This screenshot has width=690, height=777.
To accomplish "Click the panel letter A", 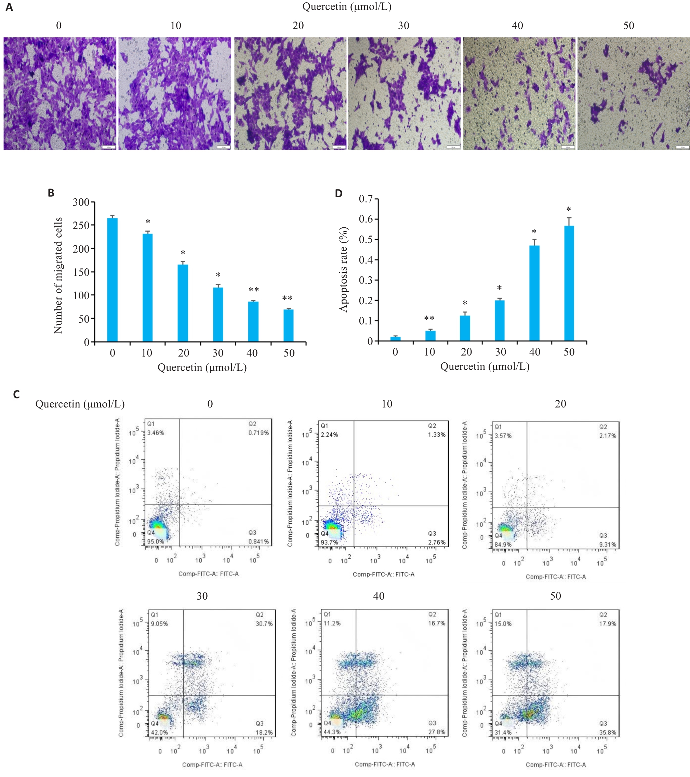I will click(9, 7).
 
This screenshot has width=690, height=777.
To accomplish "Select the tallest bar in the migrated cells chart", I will click(112, 279).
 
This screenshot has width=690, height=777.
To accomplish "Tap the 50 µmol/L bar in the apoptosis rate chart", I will click(569, 283).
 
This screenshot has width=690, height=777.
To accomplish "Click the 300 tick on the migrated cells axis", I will click(81, 202).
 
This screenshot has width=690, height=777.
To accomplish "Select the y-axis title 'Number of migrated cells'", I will click(58, 275).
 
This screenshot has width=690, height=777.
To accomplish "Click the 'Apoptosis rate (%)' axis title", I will click(344, 269).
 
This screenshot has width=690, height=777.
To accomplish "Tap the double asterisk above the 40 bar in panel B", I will click(254, 290).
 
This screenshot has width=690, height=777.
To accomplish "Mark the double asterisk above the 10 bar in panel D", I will click(429, 318).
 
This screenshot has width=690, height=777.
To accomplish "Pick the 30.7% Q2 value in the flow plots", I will click(264, 624).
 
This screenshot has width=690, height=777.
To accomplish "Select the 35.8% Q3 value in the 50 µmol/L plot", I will click(608, 733).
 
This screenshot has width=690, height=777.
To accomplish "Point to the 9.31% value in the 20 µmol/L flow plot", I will click(608, 544).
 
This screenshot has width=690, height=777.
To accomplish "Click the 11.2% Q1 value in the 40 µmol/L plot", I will click(332, 623).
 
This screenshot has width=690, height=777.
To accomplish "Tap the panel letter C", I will click(16, 394).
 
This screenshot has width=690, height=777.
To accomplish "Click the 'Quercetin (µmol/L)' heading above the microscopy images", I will click(347, 6).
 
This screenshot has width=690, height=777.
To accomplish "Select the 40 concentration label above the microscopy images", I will click(517, 26).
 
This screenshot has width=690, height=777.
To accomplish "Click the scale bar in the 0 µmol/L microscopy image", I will click(109, 147).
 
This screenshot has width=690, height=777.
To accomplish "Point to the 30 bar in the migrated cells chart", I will click(218, 314).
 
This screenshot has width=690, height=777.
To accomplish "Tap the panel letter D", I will click(339, 193).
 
